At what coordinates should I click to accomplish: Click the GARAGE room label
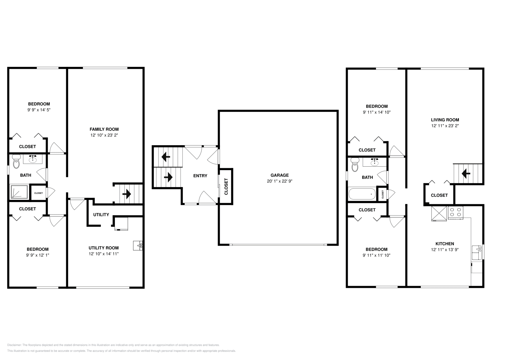[280, 175]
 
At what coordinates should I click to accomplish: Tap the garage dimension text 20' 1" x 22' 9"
[280, 181]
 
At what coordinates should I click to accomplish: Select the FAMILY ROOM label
[104, 129]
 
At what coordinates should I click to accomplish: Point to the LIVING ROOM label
[445, 120]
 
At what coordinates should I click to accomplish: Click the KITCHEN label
[444, 244]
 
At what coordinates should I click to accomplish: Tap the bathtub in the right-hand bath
[362, 194]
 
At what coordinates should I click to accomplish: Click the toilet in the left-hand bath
[16, 161]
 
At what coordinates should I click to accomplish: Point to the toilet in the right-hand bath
[355, 165]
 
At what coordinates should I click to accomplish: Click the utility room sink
[138, 246]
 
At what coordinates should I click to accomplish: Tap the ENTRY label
[200, 176]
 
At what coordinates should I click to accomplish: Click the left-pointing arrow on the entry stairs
[166, 157]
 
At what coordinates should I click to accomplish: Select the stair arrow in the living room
[466, 174]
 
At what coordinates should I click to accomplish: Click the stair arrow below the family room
[127, 194]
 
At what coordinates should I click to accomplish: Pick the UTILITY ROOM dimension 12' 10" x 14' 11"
[104, 254]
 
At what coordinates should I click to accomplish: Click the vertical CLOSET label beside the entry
[226, 186]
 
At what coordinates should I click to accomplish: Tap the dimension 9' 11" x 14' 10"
[377, 112]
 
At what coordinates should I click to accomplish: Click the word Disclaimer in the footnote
[14, 345]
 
